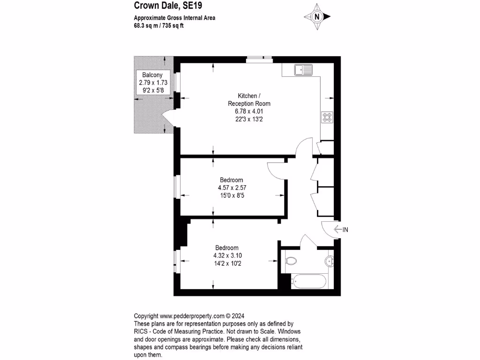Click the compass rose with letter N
317,16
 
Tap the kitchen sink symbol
303,70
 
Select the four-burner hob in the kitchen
327,117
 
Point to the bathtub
308,282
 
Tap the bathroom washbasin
329,260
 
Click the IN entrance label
346,230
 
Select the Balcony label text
152,75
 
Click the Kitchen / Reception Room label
249,100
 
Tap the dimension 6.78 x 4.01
249,111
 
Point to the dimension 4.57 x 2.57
232,187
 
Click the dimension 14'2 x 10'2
227,263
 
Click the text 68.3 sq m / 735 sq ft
159,26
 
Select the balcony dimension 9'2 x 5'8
152,90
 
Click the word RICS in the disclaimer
142,331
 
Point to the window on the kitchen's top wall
259,59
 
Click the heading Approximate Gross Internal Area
175,19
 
